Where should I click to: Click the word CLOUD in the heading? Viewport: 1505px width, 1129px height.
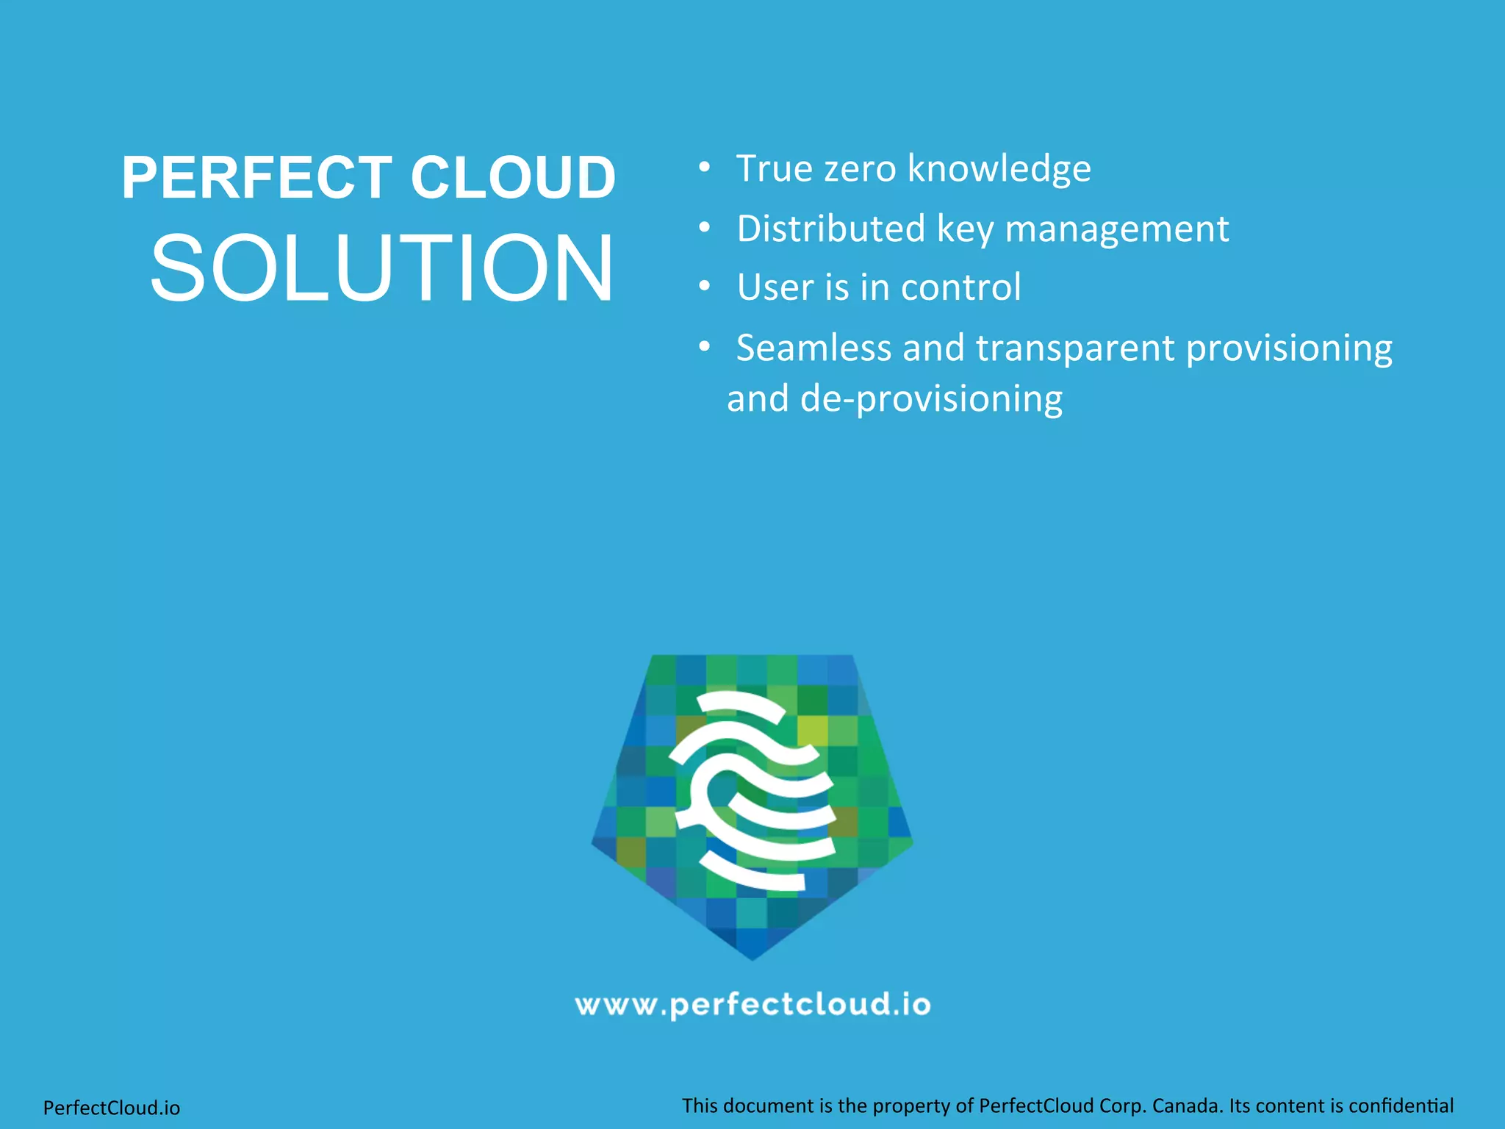tap(512, 178)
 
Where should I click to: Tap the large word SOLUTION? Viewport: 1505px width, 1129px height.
tap(381, 268)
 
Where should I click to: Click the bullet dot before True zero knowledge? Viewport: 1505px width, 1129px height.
tap(704, 168)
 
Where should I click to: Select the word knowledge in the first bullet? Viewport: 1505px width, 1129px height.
tap(999, 169)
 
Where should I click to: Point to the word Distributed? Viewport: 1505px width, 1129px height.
tap(831, 229)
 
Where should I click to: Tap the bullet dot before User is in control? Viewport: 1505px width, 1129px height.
tap(704, 287)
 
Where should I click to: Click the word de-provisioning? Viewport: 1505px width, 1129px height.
tap(930, 399)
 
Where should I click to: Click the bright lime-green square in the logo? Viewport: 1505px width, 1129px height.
tap(812, 730)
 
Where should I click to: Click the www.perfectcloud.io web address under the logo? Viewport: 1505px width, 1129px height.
tap(752, 1005)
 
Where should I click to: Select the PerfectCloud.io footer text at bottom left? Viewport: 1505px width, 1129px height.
tap(112, 1108)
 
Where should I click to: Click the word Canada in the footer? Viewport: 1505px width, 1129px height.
tap(1185, 1105)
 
